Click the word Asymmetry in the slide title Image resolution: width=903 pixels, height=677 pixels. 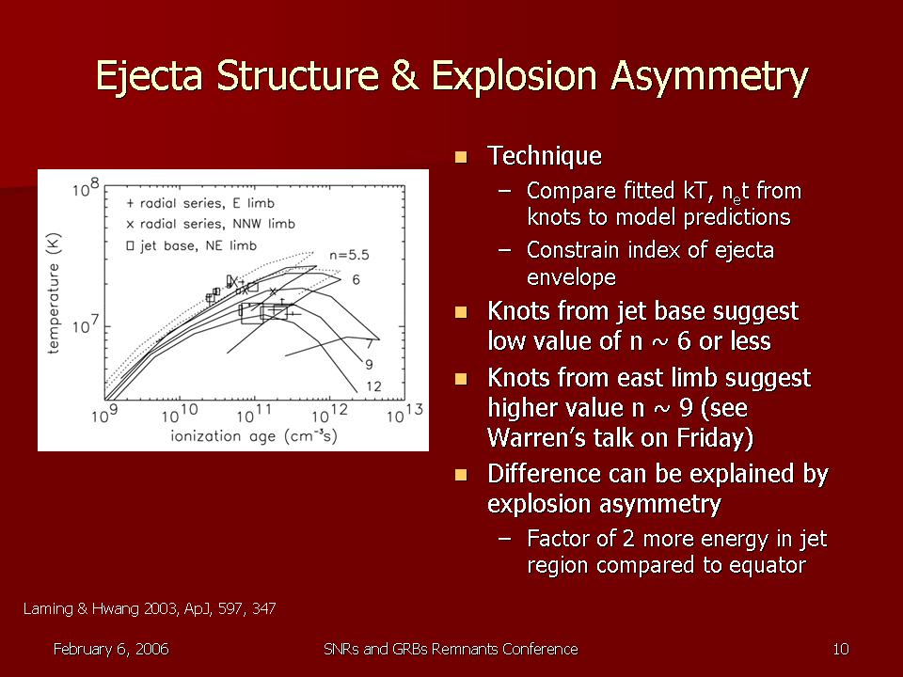coord(709,76)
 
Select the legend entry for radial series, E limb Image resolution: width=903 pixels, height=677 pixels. coord(200,203)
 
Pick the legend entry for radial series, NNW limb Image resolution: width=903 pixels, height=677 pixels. coord(210,224)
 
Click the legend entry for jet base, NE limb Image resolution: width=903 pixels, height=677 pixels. coord(191,245)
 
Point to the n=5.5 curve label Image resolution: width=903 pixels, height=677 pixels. coord(349,255)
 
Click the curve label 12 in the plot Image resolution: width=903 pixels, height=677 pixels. coord(373,386)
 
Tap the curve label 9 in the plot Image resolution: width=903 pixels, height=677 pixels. coord(369,365)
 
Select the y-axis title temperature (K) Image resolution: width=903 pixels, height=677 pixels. coord(54,293)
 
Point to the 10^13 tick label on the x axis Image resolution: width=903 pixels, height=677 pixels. coord(404,414)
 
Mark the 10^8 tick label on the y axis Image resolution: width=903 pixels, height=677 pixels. coord(86,187)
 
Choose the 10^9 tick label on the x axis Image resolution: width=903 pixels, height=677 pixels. coord(104,414)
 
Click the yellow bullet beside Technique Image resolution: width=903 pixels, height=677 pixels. coord(461,157)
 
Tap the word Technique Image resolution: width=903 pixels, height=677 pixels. coord(545,155)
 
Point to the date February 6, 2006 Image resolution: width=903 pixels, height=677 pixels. coord(111,650)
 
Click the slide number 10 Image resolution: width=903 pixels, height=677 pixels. coord(841,649)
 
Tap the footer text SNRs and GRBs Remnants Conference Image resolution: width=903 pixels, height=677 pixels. coord(451,649)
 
